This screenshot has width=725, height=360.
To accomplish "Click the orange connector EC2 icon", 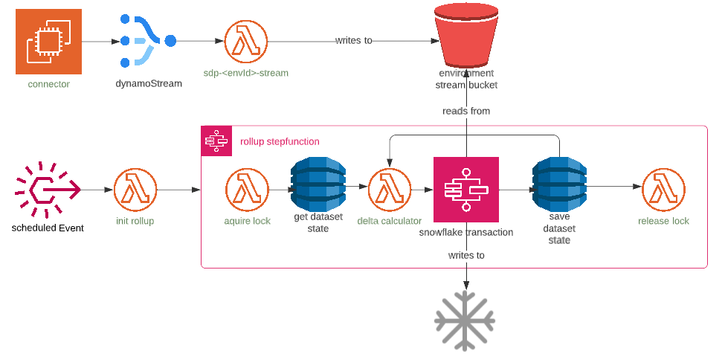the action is click(48, 41).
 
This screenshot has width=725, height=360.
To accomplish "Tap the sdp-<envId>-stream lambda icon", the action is click(246, 41).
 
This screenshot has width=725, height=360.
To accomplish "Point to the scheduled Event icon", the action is click(48, 190).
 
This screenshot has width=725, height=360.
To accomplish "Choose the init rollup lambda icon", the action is click(135, 190).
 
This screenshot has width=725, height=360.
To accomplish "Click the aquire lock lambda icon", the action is click(248, 190).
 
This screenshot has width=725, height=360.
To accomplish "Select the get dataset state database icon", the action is click(318, 184).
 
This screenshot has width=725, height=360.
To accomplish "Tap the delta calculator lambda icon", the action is click(390, 190).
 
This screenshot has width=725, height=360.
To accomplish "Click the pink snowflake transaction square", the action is click(466, 189).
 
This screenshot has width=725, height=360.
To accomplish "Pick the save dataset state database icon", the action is click(559, 184).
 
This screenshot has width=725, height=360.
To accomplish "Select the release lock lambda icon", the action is click(663, 190).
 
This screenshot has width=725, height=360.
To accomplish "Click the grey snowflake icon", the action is click(465, 321).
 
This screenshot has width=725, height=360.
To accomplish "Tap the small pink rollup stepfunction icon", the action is click(216, 141).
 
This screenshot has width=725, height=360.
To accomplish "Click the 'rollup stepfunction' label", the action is click(280, 141).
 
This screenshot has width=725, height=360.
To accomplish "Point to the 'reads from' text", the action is click(466, 111).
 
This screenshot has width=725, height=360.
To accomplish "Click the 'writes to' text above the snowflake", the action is click(466, 255).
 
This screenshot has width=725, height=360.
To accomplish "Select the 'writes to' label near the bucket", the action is click(354, 41).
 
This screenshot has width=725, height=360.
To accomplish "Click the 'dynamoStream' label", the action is click(149, 84).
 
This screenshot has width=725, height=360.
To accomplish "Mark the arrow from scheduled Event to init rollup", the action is click(97, 190).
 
